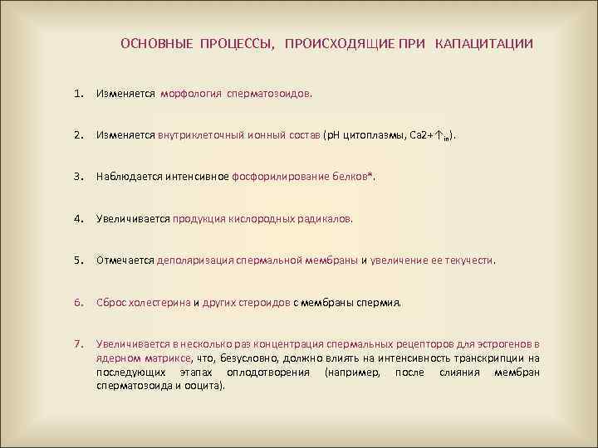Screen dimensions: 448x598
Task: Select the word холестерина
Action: [159, 303]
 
